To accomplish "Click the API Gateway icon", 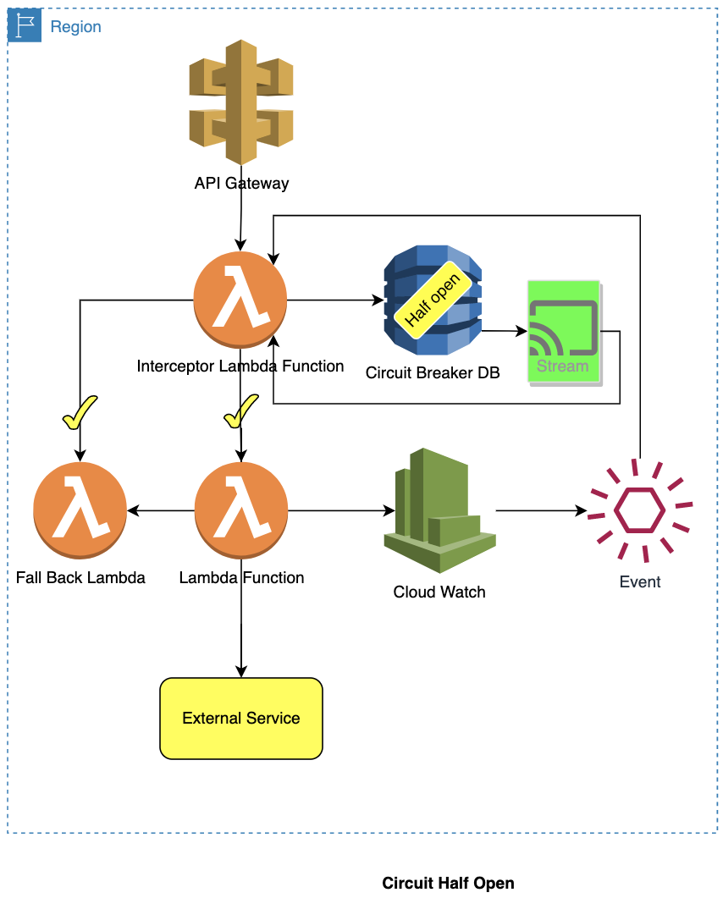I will (241, 102).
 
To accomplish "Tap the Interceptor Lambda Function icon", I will (240, 300).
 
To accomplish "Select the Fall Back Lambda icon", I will (80, 510).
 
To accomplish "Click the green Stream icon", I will (564, 332).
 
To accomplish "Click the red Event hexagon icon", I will (640, 510).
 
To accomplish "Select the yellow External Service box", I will (241, 718).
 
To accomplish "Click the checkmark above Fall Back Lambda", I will (80, 413).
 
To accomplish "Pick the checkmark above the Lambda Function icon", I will (241, 411).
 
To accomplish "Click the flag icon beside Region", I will (25, 26).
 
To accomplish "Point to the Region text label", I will (75, 27).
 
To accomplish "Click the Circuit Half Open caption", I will (448, 883).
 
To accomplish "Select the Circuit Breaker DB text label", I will (433, 372).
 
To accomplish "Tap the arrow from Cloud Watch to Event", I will (542, 511).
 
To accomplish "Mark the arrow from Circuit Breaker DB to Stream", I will (505, 332).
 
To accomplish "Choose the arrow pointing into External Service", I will (241, 635).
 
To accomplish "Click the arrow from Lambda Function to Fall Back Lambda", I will (161, 510).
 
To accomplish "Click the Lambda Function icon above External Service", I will (241, 510).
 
